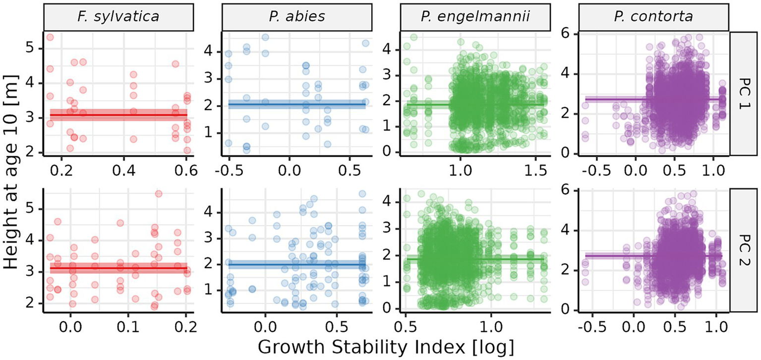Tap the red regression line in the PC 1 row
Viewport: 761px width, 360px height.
[x=119, y=115]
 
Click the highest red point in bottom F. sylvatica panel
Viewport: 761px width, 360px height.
[x=159, y=194]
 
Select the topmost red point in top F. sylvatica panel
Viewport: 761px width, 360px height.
[x=50, y=37]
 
